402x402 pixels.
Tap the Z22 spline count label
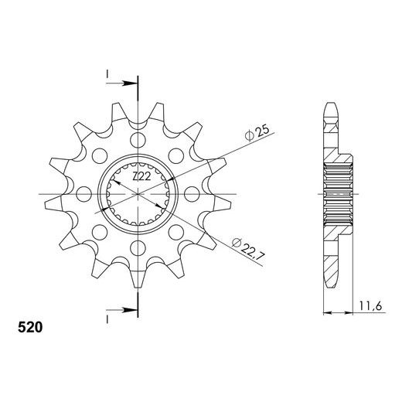(x=141, y=176)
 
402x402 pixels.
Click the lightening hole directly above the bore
(x=138, y=141)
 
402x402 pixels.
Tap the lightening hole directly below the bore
(x=138, y=248)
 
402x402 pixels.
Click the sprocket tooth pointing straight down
(x=138, y=280)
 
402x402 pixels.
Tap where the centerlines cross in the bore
(x=138, y=194)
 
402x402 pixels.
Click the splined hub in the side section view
(x=339, y=194)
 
